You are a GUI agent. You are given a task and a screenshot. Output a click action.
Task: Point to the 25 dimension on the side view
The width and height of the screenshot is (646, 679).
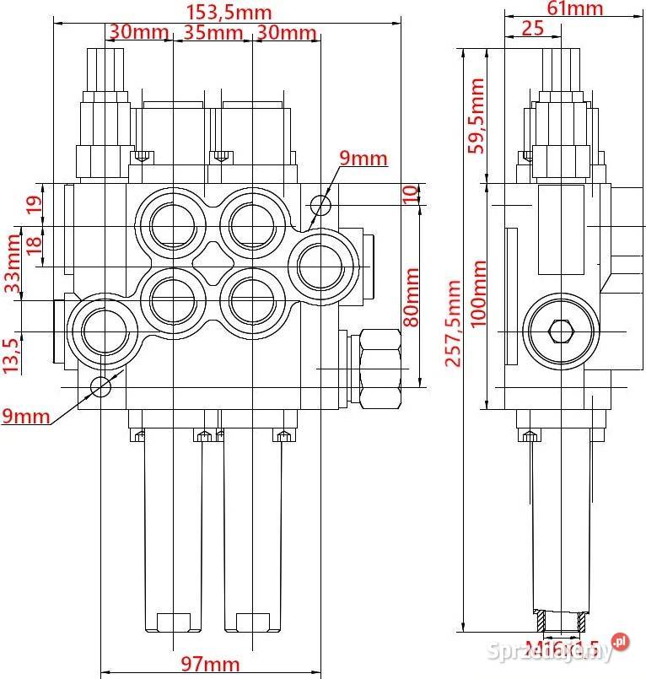tap(532, 28)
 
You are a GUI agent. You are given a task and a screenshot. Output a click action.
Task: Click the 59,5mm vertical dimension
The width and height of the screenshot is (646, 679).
tap(477, 115)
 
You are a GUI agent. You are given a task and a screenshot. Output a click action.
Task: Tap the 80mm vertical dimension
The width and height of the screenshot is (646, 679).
tap(411, 296)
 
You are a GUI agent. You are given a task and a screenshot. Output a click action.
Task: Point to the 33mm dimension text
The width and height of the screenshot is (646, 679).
tap(12, 261)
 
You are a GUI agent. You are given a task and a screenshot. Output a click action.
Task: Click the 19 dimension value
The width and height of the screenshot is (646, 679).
tap(34, 205)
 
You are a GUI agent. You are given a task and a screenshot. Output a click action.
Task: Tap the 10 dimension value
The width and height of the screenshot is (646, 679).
tap(410, 194)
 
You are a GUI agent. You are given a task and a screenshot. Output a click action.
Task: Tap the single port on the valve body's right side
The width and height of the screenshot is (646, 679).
tap(322, 265)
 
